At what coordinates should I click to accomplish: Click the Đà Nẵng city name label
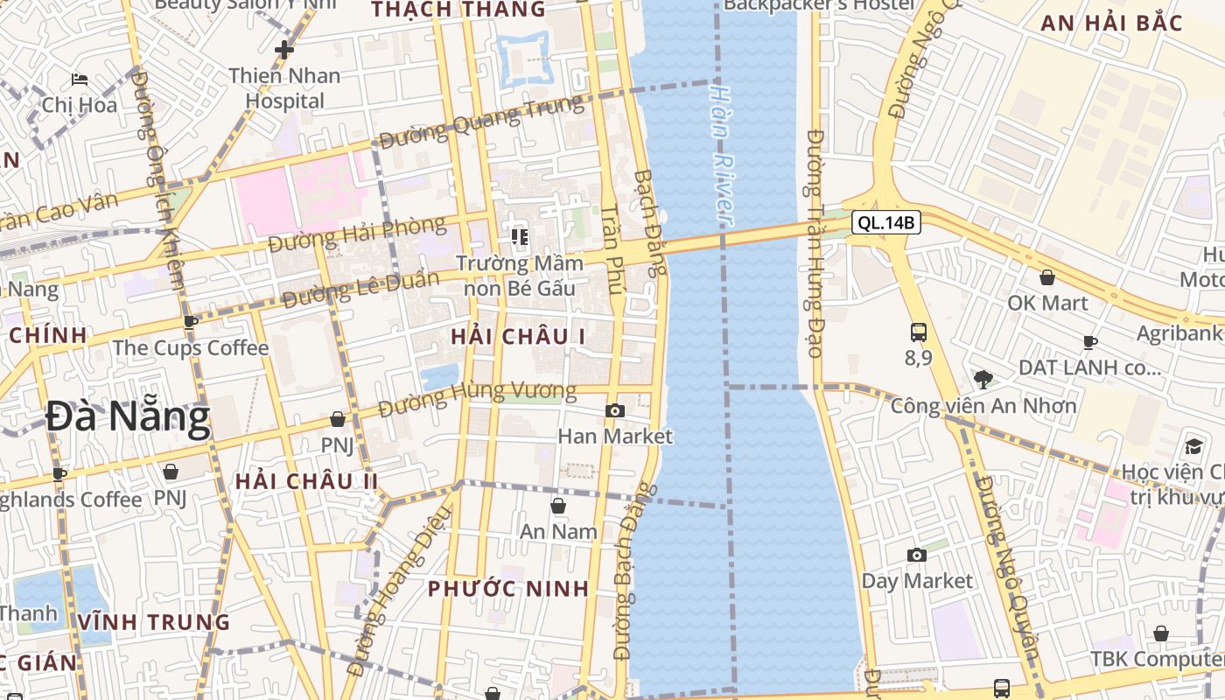click(x=128, y=417)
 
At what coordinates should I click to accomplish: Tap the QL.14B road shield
click(x=886, y=223)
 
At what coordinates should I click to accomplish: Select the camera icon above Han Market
click(x=615, y=410)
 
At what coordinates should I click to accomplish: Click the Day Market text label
click(x=916, y=581)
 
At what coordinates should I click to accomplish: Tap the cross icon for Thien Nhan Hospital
click(x=283, y=50)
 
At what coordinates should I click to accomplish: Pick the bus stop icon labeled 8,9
click(x=918, y=332)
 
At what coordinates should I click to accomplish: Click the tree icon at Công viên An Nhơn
click(x=983, y=379)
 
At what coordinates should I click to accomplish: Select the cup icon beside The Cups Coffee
click(x=191, y=322)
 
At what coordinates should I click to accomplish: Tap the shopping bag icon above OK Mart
click(x=1046, y=277)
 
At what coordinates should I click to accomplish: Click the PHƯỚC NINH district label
click(x=508, y=589)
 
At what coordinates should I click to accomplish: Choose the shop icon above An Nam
click(x=557, y=506)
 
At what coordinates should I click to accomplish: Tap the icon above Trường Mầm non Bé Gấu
click(x=520, y=236)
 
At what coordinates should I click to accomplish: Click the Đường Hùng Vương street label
click(x=478, y=399)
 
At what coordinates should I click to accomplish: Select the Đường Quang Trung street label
click(x=481, y=122)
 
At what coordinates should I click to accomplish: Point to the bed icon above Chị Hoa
click(x=80, y=80)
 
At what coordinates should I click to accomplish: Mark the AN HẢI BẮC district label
click(x=1110, y=24)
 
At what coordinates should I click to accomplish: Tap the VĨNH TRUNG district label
click(x=154, y=622)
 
